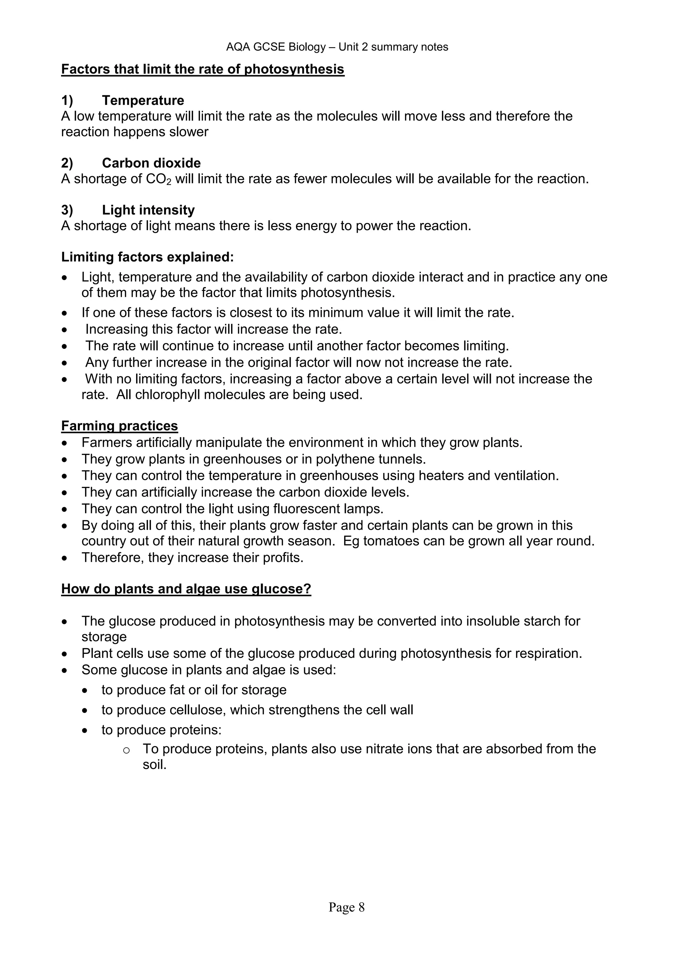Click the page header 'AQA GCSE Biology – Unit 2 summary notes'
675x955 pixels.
(337, 47)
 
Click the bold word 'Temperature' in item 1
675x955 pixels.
(143, 100)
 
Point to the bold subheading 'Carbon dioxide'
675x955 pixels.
(151, 163)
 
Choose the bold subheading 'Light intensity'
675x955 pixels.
(148, 210)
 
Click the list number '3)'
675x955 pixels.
(67, 210)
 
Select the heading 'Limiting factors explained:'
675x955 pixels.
(148, 257)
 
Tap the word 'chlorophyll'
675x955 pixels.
(167, 394)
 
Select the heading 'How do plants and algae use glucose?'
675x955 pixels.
(186, 589)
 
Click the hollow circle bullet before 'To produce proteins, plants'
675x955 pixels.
(126, 750)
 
